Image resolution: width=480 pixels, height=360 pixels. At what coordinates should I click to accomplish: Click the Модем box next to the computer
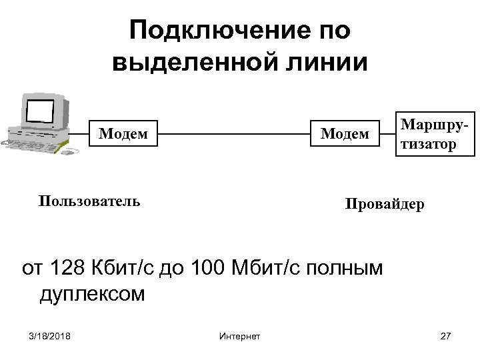tap(123, 133)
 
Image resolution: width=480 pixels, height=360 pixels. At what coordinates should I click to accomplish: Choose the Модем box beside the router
tap(345, 133)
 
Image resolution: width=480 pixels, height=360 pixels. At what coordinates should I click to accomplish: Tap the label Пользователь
tap(89, 201)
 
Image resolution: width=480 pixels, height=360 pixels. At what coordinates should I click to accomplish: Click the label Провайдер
tap(384, 204)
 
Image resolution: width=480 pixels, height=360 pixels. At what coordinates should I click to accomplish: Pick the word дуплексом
tap(92, 294)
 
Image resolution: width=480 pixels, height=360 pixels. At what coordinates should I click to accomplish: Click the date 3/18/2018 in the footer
tap(51, 335)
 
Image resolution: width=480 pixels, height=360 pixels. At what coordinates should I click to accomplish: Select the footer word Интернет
tap(239, 335)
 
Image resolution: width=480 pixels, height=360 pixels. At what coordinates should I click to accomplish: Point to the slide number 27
tap(446, 335)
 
